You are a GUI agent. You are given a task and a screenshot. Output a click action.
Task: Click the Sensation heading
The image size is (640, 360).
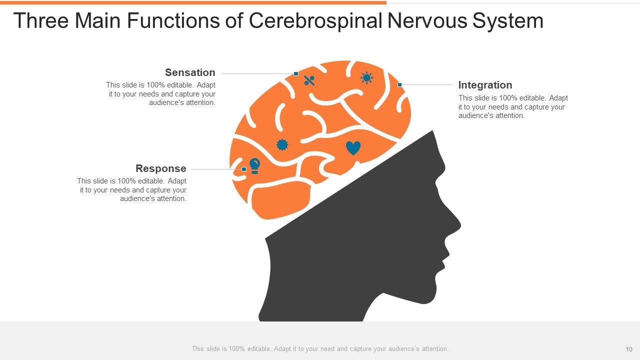[x=190, y=72]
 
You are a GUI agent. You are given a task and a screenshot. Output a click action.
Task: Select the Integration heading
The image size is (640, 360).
[x=485, y=85]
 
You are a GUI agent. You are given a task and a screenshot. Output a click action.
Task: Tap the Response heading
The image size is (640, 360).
[x=160, y=168]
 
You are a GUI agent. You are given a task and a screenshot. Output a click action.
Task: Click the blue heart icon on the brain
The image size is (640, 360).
[x=353, y=148]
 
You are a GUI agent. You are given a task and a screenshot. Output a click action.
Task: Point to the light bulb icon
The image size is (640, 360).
[x=254, y=165]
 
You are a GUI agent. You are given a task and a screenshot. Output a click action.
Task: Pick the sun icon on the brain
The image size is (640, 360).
[x=366, y=78]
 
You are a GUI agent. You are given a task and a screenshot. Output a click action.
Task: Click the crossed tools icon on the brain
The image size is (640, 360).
[x=309, y=80]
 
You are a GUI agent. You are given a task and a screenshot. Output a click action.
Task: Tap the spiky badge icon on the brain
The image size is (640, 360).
[x=282, y=144]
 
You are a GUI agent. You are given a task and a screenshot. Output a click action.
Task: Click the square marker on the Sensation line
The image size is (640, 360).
[x=296, y=74]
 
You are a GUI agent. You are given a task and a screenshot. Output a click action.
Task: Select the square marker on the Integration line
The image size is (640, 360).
[x=399, y=85]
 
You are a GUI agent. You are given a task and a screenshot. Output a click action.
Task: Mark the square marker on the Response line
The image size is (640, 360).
[x=244, y=169]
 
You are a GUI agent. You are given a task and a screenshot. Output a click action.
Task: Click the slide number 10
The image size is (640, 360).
[x=629, y=349]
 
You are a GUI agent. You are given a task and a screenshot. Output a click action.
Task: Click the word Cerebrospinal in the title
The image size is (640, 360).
[x=317, y=21]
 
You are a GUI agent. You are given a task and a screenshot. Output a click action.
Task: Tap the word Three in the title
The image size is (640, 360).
[x=40, y=21]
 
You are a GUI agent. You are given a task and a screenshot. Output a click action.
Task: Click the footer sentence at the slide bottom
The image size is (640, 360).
[x=320, y=349]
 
